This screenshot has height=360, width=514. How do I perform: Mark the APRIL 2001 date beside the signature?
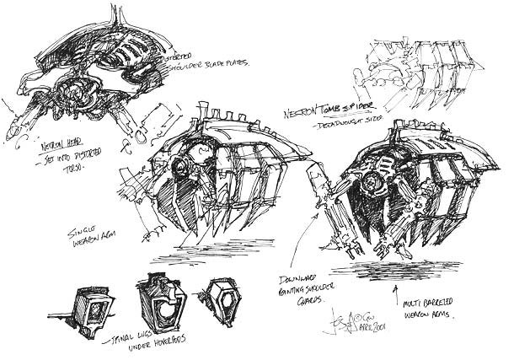click(x=361, y=330)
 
